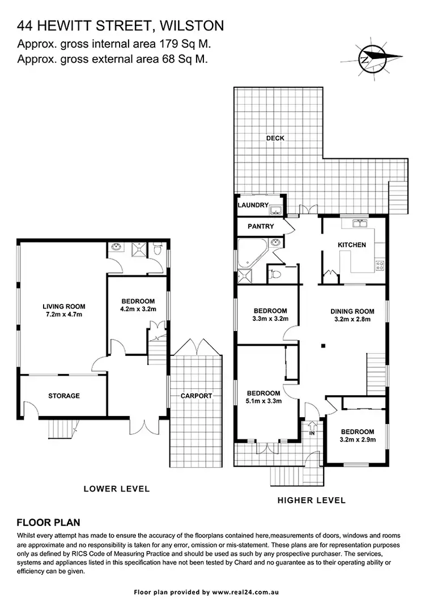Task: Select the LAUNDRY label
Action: pyautogui.click(x=252, y=205)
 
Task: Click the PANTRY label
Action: pyautogui.click(x=261, y=227)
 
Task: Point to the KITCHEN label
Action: pyautogui.click(x=352, y=245)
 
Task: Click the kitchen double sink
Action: pyautogui.click(x=360, y=223)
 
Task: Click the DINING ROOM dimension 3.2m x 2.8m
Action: pyautogui.click(x=352, y=319)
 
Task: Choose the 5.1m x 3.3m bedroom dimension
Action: pyautogui.click(x=263, y=401)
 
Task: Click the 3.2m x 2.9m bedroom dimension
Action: pyautogui.click(x=357, y=439)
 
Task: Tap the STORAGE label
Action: pyautogui.click(x=63, y=396)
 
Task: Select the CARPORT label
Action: pyautogui.click(x=196, y=396)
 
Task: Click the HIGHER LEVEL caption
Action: pyautogui.click(x=312, y=501)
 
